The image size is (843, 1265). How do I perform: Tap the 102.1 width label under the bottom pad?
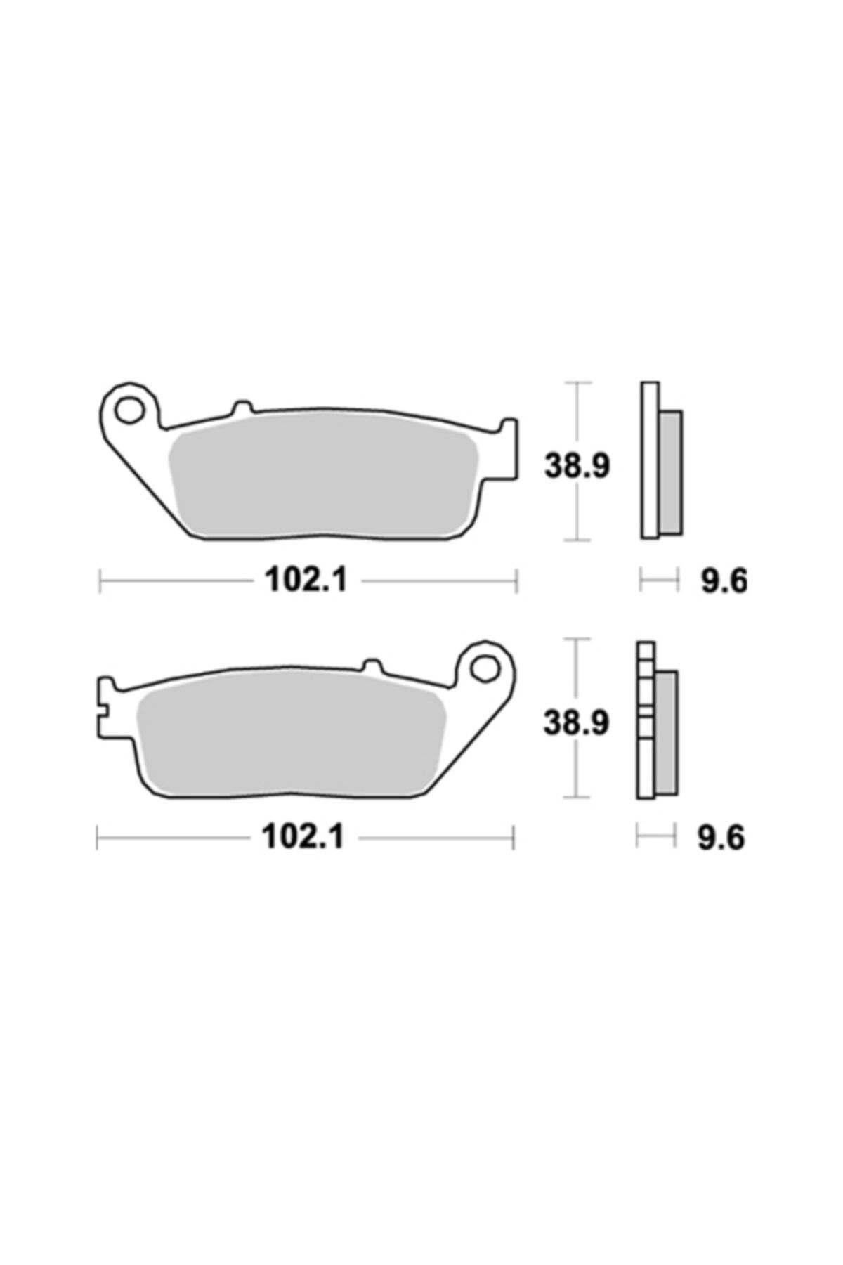(303, 837)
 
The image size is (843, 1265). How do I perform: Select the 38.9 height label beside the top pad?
(577, 466)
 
